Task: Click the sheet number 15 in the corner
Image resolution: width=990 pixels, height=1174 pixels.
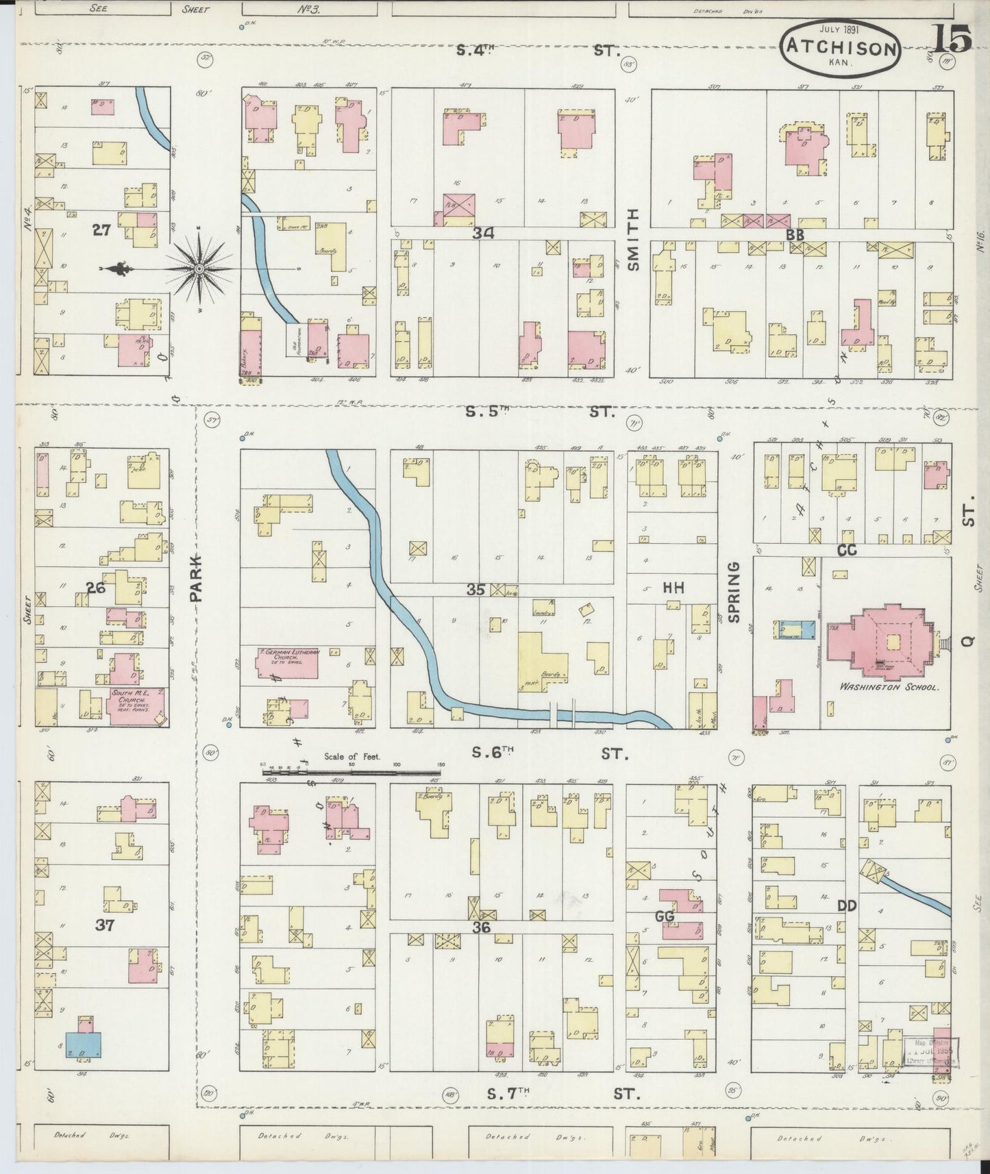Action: click(953, 41)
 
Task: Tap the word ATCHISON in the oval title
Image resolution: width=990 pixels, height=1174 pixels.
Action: click(841, 49)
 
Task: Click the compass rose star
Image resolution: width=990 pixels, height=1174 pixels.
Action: click(199, 268)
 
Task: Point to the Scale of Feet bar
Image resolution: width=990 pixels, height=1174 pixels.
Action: click(351, 772)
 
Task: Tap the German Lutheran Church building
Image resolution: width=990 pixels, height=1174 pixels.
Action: click(288, 662)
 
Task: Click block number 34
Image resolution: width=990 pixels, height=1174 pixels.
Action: click(483, 234)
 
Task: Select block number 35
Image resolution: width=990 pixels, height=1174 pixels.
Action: click(475, 590)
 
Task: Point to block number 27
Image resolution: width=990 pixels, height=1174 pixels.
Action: click(101, 231)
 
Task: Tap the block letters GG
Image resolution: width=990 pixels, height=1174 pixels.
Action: click(665, 916)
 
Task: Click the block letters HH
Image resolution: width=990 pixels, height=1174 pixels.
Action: click(674, 587)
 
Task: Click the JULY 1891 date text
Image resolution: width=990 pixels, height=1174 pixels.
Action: click(841, 29)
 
